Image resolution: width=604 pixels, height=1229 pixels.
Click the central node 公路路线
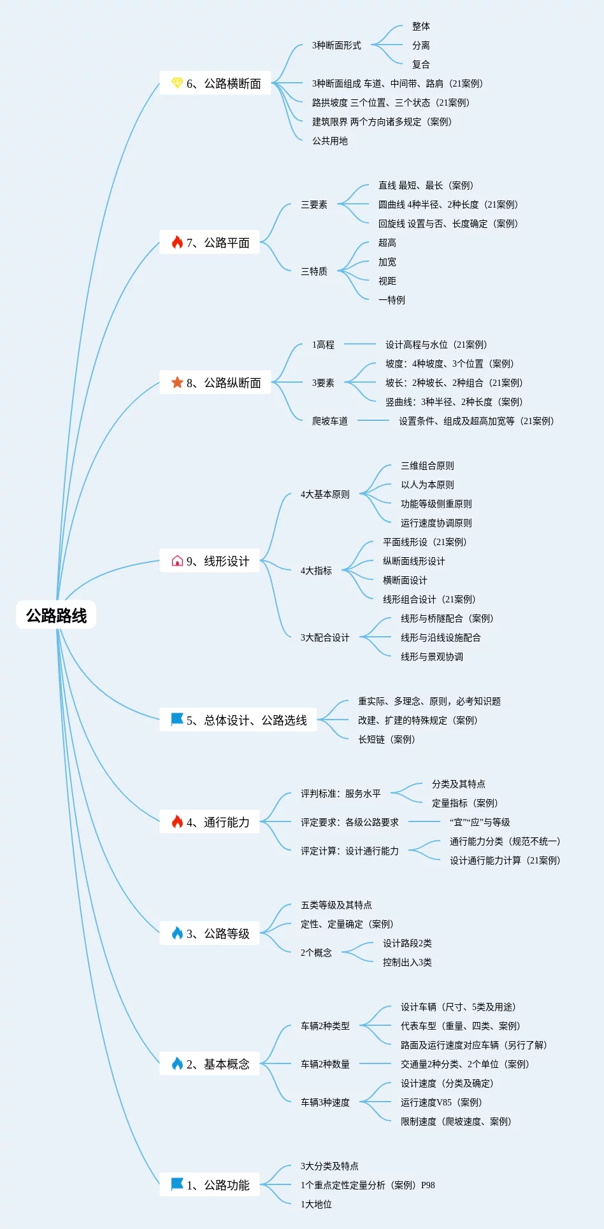[56, 615]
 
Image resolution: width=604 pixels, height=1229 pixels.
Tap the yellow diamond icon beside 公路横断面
[177, 83]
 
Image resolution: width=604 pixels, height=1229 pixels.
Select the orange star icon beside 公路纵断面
[177, 382]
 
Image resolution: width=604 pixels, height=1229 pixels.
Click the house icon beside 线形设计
[177, 560]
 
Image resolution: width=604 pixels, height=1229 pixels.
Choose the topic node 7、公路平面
[210, 243]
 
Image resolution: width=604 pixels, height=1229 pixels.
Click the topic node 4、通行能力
[210, 822]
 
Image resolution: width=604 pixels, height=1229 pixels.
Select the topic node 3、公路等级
[210, 934]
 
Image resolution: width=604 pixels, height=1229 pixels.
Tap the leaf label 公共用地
[329, 141]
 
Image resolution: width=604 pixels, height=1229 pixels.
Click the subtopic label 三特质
[314, 271]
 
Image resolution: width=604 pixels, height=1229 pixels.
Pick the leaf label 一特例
[391, 300]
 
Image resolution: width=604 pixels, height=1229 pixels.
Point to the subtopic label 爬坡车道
[329, 421]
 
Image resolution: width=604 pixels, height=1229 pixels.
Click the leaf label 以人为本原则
[427, 485]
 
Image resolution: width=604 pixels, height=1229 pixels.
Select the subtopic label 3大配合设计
[325, 637]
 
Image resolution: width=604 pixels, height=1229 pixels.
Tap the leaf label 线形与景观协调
[431, 657]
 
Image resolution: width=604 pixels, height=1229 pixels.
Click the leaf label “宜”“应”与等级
[480, 822]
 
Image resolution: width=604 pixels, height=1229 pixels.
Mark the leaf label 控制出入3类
[407, 962]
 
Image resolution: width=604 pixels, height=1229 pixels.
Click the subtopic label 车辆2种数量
[325, 1064]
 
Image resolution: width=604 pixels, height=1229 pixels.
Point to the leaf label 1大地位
[316, 1204]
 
